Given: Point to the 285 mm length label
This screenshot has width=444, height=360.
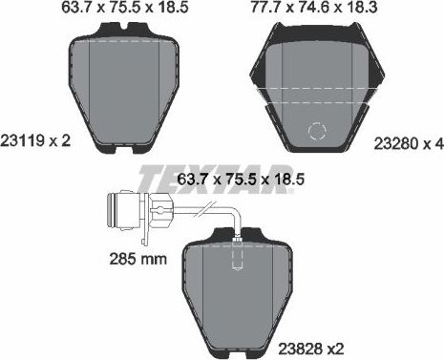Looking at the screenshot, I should coord(129,260).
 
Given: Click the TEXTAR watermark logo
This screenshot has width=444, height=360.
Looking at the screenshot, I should coord(215,179).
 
